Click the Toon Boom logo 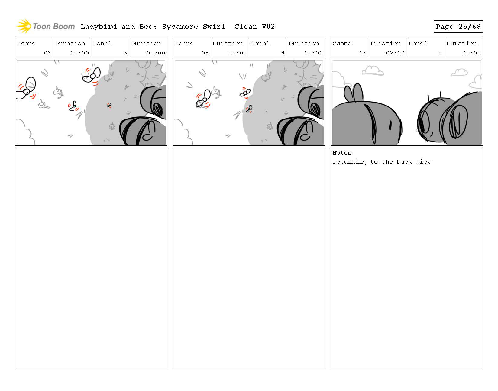46,26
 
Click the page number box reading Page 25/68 458,27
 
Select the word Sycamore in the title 180,27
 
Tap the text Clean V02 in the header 254,27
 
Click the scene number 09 363,53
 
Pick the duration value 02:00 395,53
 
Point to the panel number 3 125,53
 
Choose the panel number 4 283,53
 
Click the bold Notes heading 342,153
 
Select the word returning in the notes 349,162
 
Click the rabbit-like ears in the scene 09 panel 354,93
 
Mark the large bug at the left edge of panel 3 26,88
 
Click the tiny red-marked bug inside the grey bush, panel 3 109,106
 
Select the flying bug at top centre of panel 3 92,75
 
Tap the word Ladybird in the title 99,27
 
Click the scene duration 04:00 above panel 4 238,53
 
